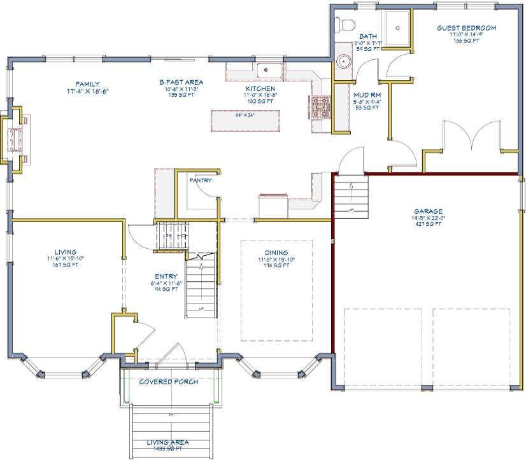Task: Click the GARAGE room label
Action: (x=428, y=211)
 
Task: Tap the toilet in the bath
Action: (x=346, y=25)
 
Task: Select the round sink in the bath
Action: (x=345, y=62)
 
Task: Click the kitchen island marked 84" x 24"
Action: (x=245, y=120)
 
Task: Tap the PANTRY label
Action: (x=201, y=180)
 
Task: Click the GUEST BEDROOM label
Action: (x=466, y=28)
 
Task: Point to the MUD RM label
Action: (x=367, y=95)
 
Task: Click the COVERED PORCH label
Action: (x=169, y=382)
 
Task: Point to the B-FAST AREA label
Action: (x=181, y=82)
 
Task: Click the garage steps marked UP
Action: (x=350, y=197)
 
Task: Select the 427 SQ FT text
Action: (x=428, y=225)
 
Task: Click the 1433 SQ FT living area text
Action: (x=168, y=449)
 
